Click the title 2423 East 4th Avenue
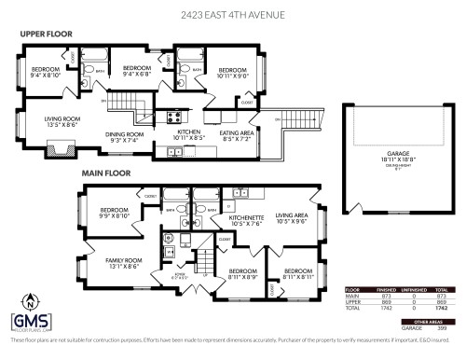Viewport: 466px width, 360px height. [233, 14]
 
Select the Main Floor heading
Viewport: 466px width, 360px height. [104, 172]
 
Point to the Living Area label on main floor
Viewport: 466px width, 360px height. [290, 216]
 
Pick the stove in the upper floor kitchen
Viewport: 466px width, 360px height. [172, 117]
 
